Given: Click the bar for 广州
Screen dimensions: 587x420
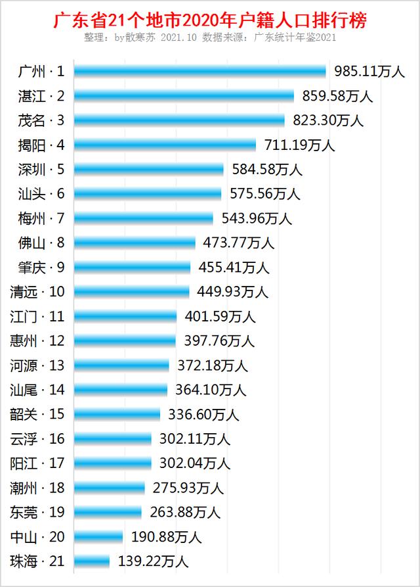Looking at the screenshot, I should coord(199,71).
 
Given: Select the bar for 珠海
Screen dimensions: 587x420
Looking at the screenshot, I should coord(92,561).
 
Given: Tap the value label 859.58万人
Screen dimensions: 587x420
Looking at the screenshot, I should coord(337,96).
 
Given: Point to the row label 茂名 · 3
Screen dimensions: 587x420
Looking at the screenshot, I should coord(41,120).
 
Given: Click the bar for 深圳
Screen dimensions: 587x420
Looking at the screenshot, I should coord(149,169).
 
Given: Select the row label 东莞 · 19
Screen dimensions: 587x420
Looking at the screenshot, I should coord(37,512).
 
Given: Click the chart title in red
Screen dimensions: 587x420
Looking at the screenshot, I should coord(209,20).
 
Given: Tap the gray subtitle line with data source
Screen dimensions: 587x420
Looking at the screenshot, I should coord(209,38).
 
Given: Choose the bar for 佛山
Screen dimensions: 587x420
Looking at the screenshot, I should coord(135,243).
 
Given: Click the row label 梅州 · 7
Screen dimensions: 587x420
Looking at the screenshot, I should coord(41,218).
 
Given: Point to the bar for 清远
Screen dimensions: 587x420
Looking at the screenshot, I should coord(131,291).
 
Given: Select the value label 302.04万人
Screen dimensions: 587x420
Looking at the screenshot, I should coord(194,463).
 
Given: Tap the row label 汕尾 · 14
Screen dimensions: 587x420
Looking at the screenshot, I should coord(37,390).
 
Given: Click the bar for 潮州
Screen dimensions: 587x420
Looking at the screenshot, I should coord(109,488).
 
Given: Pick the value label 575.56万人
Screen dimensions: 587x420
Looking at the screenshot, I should coord(264,194).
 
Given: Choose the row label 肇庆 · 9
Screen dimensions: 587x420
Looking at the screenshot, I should coord(41,267).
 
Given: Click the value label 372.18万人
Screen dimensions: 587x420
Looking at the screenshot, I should coord(213,365).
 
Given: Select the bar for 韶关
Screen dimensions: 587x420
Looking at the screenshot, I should coord(117,414).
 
